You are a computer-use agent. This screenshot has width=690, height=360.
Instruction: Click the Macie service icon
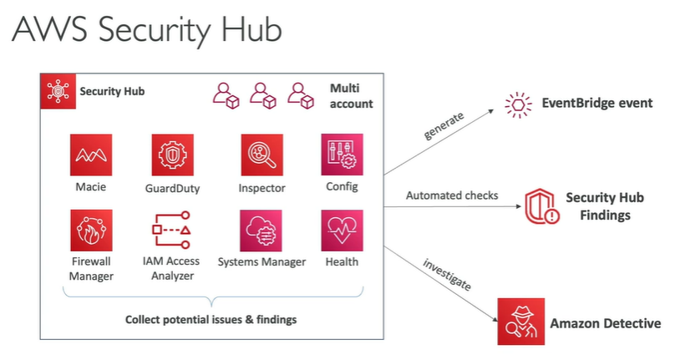click(x=91, y=155)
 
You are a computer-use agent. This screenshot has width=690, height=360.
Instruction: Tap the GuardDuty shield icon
click(x=172, y=155)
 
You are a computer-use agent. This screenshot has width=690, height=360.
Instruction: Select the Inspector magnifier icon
click(x=261, y=155)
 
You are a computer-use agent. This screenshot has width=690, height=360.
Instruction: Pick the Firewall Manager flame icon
click(x=91, y=230)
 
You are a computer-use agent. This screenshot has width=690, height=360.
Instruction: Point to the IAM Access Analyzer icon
click(x=172, y=230)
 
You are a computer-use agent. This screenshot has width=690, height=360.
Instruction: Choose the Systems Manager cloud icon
click(x=261, y=230)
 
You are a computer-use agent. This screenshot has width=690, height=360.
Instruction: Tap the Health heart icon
click(x=342, y=230)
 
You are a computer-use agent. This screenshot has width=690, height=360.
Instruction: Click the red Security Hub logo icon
click(x=58, y=91)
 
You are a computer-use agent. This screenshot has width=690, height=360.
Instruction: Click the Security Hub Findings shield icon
click(x=541, y=206)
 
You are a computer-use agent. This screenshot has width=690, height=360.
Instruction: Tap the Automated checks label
click(x=452, y=195)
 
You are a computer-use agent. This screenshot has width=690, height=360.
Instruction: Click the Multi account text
click(x=351, y=96)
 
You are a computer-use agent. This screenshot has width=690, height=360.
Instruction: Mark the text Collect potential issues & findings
click(x=211, y=319)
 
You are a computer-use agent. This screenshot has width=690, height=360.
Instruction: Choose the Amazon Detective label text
click(x=606, y=323)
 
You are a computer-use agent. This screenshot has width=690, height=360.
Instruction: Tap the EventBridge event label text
click(x=597, y=104)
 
